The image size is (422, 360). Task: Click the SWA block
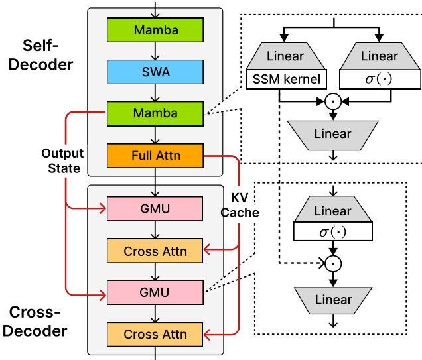tap(156, 72)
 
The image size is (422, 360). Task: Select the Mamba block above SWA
tap(156, 30)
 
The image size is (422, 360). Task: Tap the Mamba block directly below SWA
tap(156, 113)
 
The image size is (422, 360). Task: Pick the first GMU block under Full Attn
tap(156, 210)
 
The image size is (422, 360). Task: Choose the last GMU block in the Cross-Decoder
tap(156, 292)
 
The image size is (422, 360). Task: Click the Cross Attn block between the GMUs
tap(156, 251)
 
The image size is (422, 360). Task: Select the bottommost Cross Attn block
tap(156, 334)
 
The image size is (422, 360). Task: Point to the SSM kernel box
tap(286, 80)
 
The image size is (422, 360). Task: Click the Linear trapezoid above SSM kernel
tap(286, 57)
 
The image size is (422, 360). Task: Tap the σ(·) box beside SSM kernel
tap(379, 80)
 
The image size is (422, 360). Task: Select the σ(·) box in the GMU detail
tap(332, 232)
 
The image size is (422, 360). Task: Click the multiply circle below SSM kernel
tap(332, 101)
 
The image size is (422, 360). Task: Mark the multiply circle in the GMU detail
tap(332, 263)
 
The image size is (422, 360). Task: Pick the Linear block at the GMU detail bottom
tap(332, 299)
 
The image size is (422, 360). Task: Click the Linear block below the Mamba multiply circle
tap(332, 134)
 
